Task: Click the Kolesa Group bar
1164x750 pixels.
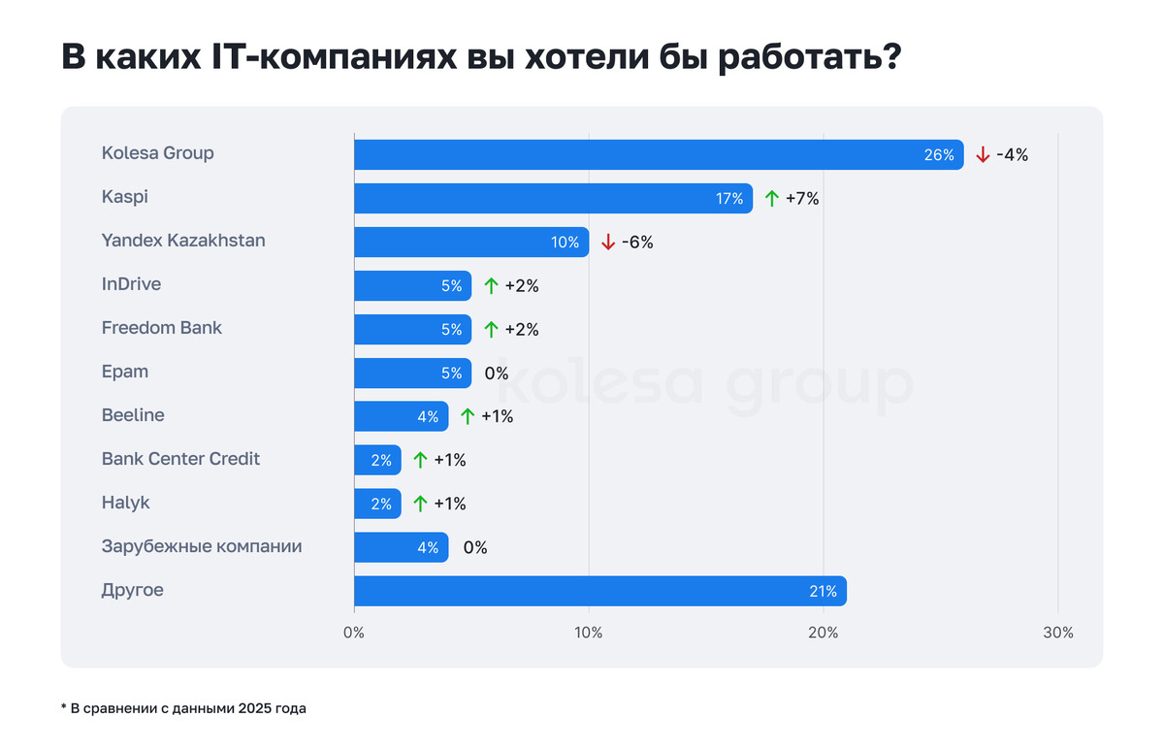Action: click(659, 154)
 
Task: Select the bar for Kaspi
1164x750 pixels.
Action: click(553, 198)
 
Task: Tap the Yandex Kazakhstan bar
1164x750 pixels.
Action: click(471, 242)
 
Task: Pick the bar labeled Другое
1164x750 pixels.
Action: click(599, 591)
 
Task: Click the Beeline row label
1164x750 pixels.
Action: click(133, 415)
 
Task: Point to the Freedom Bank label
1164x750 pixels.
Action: click(161, 328)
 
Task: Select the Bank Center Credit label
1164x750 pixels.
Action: click(180, 459)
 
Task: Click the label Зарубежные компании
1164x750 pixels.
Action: click(202, 546)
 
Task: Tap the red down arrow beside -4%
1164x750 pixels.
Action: click(983, 154)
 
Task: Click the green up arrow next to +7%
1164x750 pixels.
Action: click(772, 198)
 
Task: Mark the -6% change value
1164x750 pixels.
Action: click(637, 243)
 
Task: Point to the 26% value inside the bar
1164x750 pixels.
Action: click(939, 155)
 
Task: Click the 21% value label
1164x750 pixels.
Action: click(822, 592)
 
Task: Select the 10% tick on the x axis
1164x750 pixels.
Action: click(589, 633)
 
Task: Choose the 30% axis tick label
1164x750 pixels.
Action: click(1058, 633)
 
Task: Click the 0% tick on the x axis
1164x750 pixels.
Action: click(354, 633)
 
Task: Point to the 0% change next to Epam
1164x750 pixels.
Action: click(497, 373)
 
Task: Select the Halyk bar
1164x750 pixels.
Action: click(377, 504)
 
